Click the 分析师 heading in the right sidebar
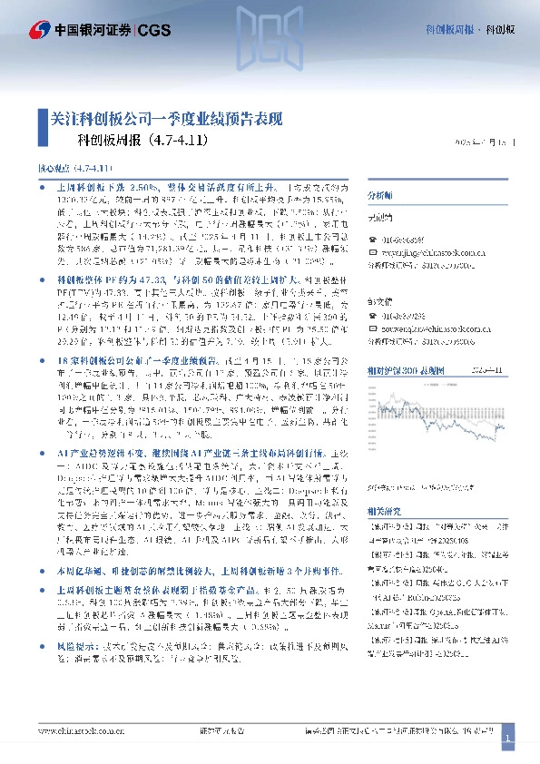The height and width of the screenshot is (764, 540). [x=378, y=195]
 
